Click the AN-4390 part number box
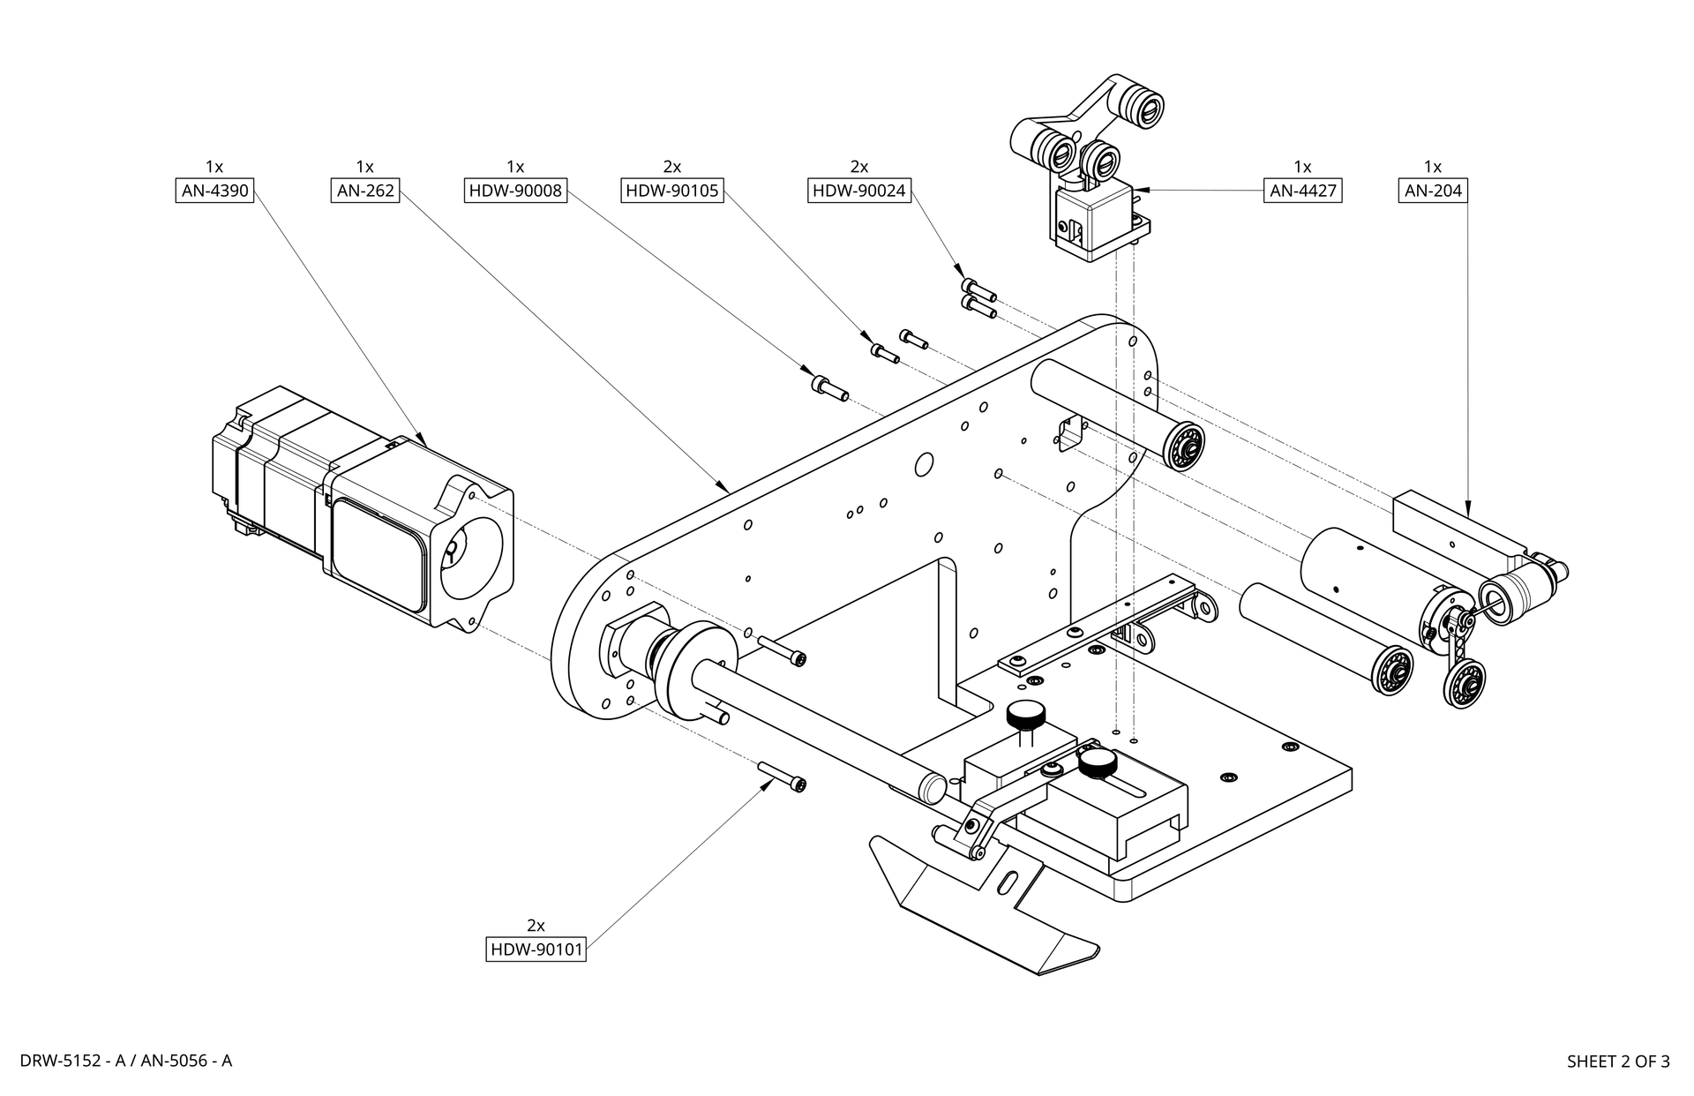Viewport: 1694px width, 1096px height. (215, 191)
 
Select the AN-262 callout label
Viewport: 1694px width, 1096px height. (365, 191)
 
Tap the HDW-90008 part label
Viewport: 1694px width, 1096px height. (515, 191)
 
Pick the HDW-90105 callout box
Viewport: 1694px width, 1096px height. (672, 191)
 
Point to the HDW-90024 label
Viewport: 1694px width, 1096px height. (859, 191)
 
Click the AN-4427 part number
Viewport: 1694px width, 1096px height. (1303, 191)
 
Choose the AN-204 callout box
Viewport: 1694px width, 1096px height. (1434, 191)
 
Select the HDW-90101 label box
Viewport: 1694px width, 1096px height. (536, 950)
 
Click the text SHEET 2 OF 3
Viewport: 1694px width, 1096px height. (1618, 1062)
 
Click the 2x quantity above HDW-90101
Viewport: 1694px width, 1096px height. (536, 926)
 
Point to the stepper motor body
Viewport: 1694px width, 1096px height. (362, 508)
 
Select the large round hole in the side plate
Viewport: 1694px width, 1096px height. (925, 463)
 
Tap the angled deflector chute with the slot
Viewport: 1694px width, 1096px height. (984, 905)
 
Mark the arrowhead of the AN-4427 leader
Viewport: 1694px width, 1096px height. (1138, 190)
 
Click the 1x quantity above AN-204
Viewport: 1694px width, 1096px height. (1433, 167)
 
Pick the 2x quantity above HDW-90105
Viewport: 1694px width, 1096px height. (672, 167)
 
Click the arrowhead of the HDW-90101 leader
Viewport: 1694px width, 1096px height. (770, 784)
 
